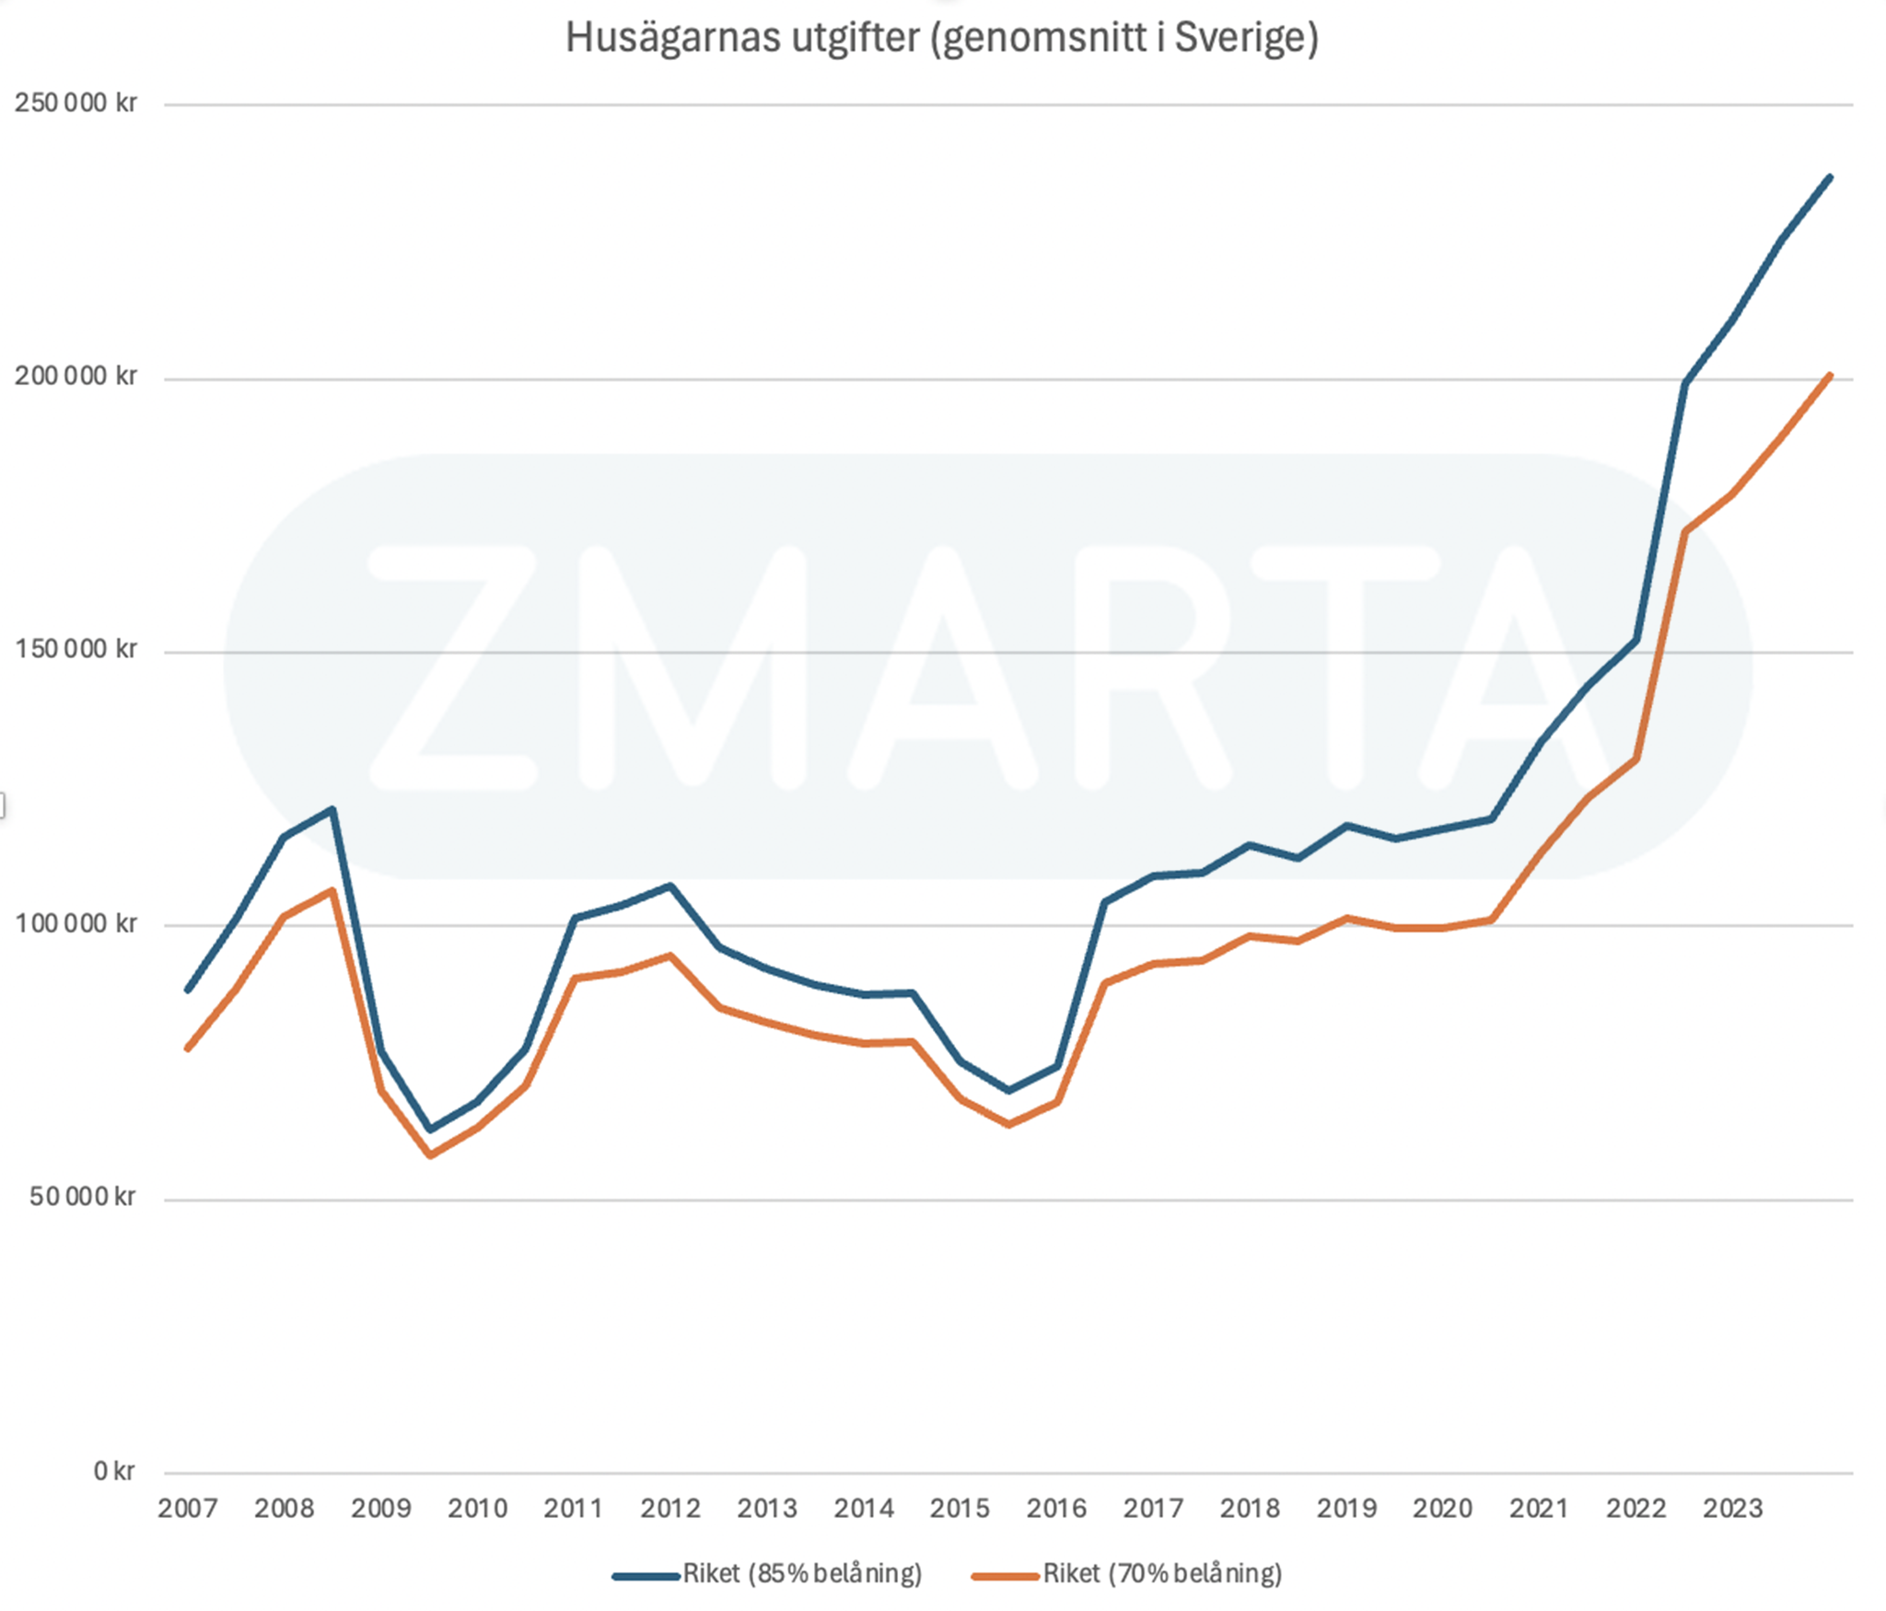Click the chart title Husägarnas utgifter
pos(941,39)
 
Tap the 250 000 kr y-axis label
pos(76,103)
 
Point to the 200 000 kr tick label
pos(76,377)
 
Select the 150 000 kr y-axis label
pos(76,650)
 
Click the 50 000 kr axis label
pos(83,1197)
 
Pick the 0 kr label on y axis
pos(114,1471)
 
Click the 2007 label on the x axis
pos(188,1509)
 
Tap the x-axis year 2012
pos(670,1509)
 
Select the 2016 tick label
pos(1056,1509)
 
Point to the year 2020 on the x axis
pos(1443,1509)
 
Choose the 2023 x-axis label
pos(1732,1509)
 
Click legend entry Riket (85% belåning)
pos(801,1574)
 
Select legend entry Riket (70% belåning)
pos(1161,1574)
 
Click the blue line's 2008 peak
pos(332,809)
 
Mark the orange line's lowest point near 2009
pos(430,1154)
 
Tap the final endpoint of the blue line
pos(1829,178)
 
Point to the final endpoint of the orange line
pos(1829,376)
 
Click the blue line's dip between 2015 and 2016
pos(1009,1090)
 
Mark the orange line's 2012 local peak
pos(670,956)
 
